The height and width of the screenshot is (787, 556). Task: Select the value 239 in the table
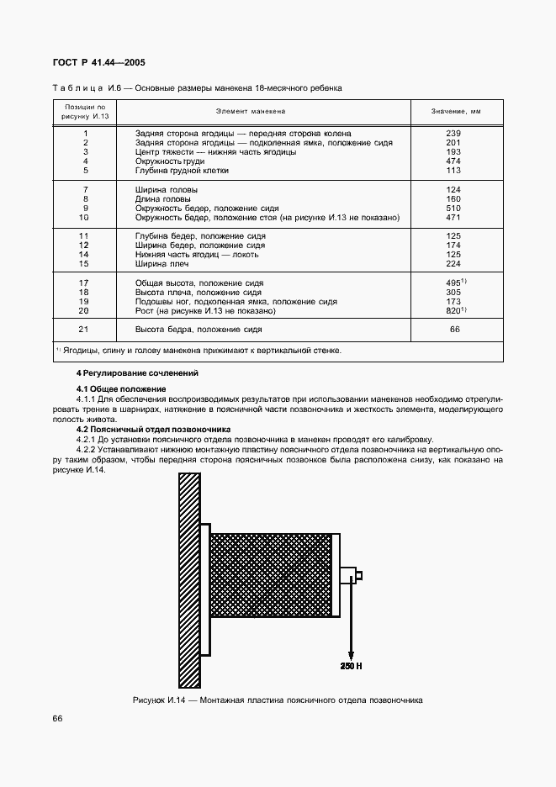(x=453, y=134)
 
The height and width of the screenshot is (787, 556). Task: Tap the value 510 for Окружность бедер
(x=453, y=209)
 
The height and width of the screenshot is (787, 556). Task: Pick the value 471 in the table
(x=453, y=218)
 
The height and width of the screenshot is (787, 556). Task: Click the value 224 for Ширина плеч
(x=453, y=264)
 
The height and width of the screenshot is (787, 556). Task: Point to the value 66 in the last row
(x=454, y=330)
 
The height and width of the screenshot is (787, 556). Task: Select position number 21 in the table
(x=84, y=330)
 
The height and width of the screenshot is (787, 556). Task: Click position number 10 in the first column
(x=84, y=218)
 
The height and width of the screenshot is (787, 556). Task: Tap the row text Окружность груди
(x=170, y=161)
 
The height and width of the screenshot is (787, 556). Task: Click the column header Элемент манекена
(x=251, y=111)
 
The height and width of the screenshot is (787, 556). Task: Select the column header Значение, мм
(x=455, y=111)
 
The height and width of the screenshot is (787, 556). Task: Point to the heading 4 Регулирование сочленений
(x=138, y=372)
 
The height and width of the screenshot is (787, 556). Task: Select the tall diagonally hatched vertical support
(x=189, y=580)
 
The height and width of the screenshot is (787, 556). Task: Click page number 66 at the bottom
(x=57, y=718)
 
